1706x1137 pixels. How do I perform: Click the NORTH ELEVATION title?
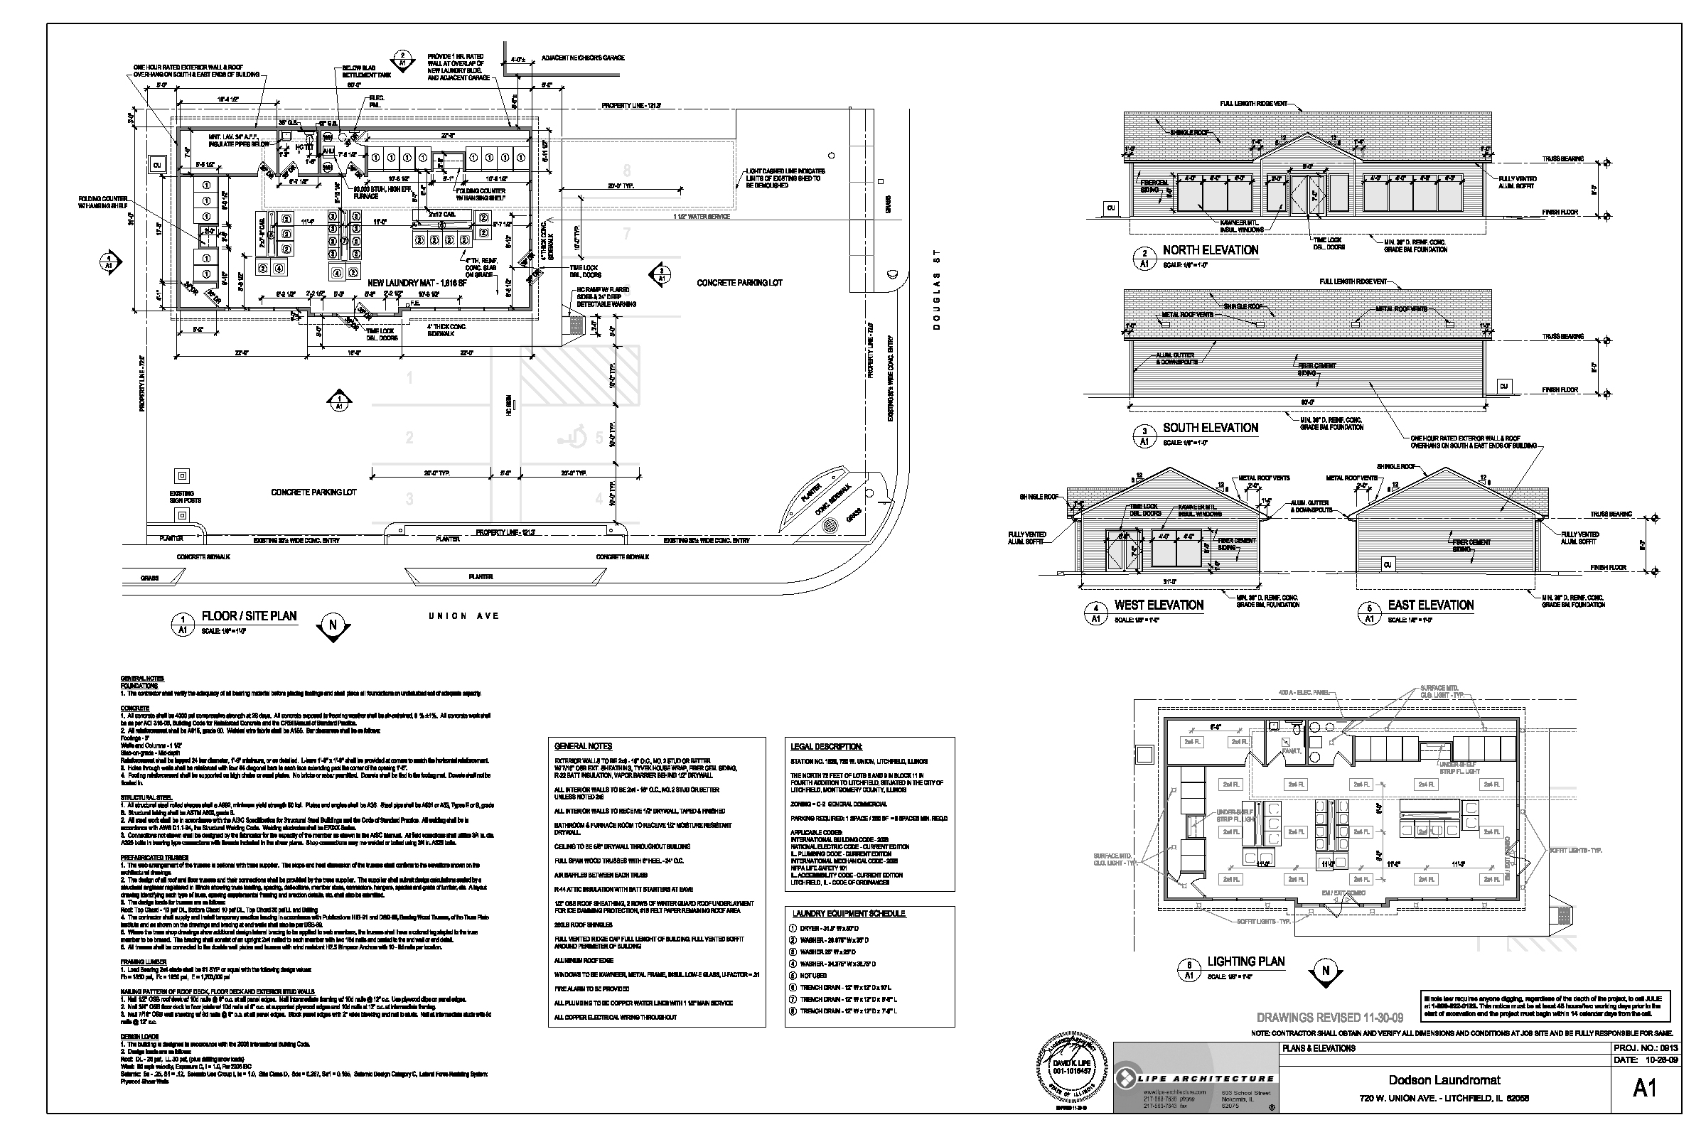(1210, 250)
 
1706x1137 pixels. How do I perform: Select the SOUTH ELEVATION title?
(1210, 428)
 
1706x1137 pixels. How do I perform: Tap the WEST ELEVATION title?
(1159, 605)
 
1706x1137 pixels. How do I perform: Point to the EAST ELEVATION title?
(1430, 605)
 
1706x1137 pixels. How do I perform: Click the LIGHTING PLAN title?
(1245, 961)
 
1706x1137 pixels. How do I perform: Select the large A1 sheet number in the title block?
(1643, 1089)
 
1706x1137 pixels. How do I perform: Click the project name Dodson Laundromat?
(1444, 1080)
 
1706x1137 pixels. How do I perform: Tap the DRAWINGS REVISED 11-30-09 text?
(1329, 1018)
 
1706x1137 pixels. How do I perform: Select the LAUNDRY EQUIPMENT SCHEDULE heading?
(849, 914)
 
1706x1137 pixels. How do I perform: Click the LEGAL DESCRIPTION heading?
(826, 746)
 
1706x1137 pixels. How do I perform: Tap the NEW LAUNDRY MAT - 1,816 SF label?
(416, 282)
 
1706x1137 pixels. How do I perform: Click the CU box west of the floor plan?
(156, 166)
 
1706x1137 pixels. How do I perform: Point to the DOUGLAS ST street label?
(936, 289)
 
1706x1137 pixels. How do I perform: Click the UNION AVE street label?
(463, 615)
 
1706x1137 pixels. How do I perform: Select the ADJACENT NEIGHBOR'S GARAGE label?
(582, 58)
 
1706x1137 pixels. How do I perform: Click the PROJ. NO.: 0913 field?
(1646, 1049)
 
